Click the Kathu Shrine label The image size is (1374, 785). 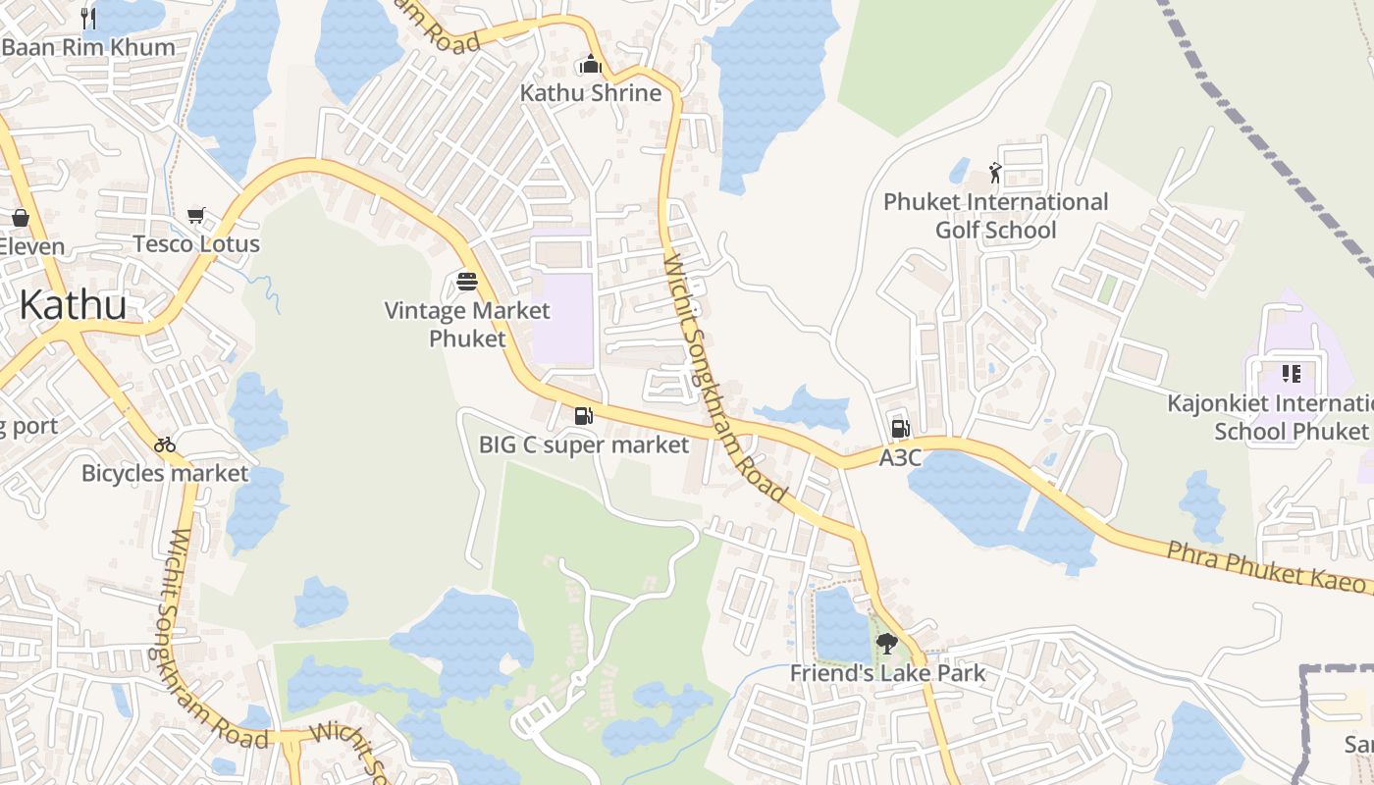tap(591, 93)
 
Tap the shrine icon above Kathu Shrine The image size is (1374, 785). tap(591, 66)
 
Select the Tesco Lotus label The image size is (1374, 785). tap(196, 244)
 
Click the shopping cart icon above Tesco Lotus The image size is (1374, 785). tap(196, 215)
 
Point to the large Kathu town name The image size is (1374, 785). tap(73, 305)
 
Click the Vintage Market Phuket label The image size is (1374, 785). tap(467, 325)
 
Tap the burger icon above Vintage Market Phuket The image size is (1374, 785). tap(467, 283)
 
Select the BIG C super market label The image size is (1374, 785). tap(584, 445)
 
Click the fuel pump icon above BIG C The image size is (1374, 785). tap(584, 416)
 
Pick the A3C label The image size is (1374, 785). tap(900, 457)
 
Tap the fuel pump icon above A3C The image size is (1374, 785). tap(900, 429)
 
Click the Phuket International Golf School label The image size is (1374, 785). tap(995, 216)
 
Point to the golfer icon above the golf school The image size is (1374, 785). tap(995, 174)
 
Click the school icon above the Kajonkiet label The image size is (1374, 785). tap(1291, 374)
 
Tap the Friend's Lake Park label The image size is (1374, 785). tap(887, 674)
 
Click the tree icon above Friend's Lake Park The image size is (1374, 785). tap(887, 644)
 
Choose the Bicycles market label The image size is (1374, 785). tap(165, 474)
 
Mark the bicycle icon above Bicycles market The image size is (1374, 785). tap(165, 445)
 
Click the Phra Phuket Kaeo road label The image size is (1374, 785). tap(1266, 566)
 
